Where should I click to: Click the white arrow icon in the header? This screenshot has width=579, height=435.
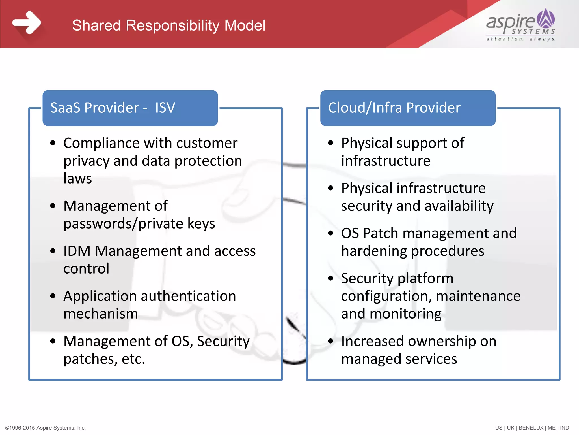(27, 23)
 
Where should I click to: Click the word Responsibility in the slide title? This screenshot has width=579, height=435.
(172, 25)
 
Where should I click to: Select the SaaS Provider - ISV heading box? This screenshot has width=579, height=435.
(130, 108)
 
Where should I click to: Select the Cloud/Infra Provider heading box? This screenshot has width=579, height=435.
(408, 108)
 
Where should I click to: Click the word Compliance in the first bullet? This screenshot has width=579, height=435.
(101, 143)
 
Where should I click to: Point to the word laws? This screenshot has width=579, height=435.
(78, 178)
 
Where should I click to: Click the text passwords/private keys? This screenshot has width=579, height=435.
(139, 224)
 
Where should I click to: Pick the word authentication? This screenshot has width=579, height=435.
(188, 296)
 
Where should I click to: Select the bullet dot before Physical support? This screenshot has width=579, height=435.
(330, 143)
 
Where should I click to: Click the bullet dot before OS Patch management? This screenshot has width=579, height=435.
(330, 233)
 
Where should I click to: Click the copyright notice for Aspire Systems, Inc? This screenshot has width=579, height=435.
(46, 428)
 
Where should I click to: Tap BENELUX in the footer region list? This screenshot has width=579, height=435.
(531, 428)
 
